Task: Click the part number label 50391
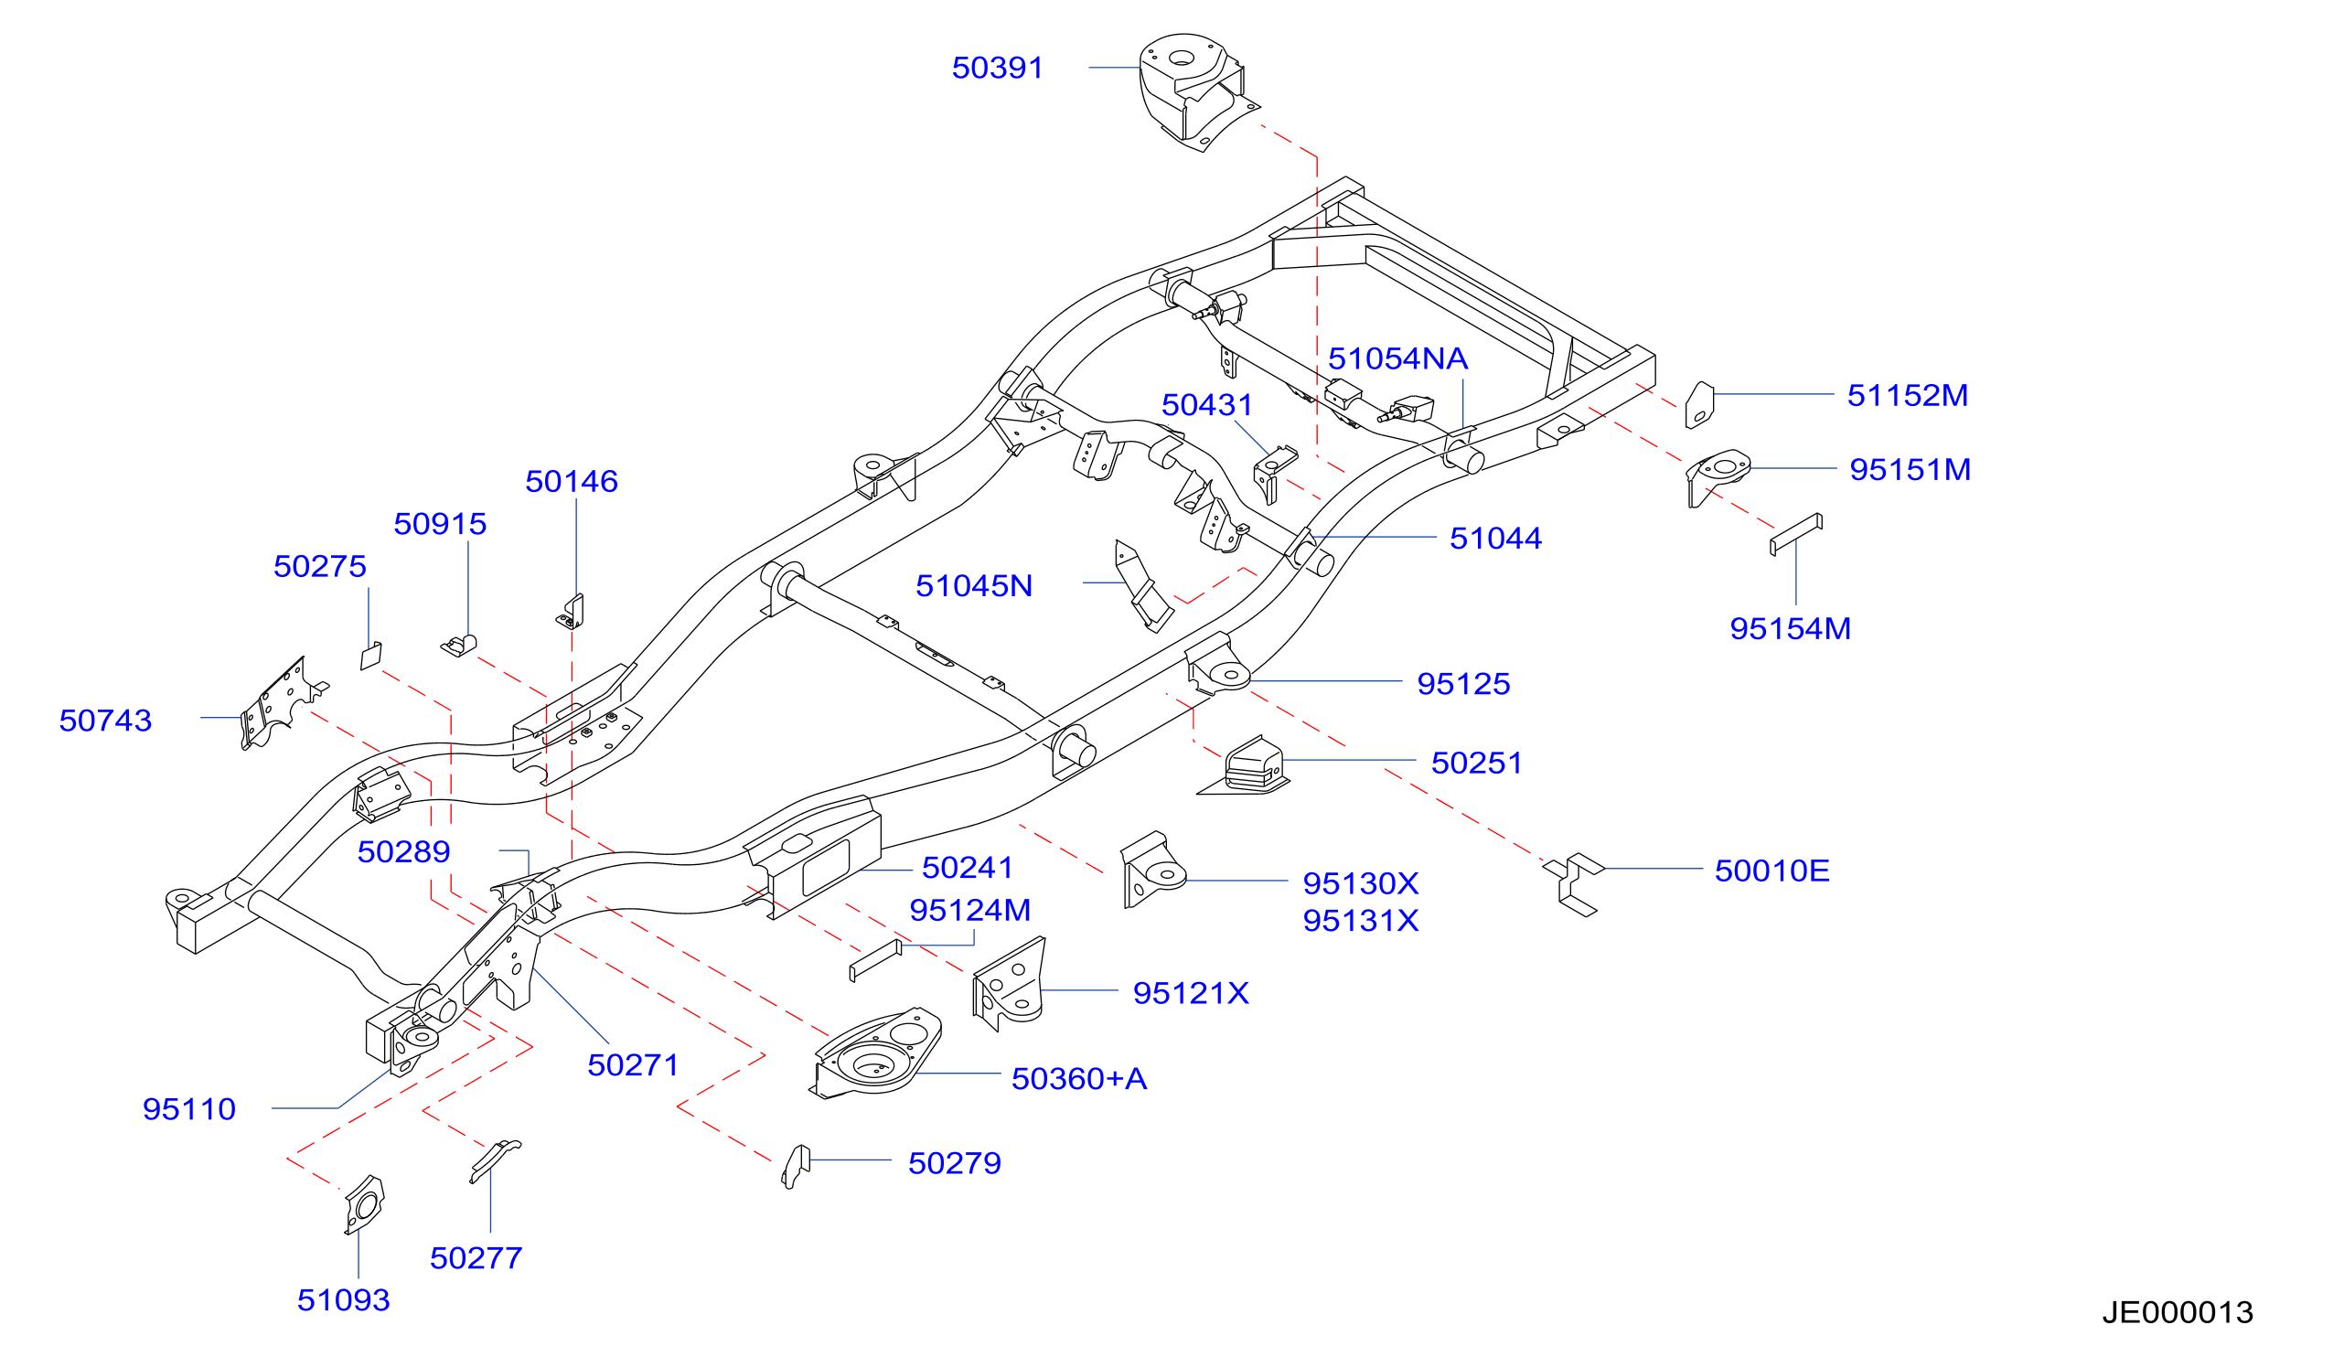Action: click(997, 68)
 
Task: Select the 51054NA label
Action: click(1397, 358)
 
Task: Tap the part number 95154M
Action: click(1790, 628)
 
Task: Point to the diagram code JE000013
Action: click(2178, 1311)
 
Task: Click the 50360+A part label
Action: click(1079, 1078)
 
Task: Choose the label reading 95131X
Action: click(1360, 920)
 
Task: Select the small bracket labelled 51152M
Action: click(1699, 404)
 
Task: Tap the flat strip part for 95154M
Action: click(1795, 534)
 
